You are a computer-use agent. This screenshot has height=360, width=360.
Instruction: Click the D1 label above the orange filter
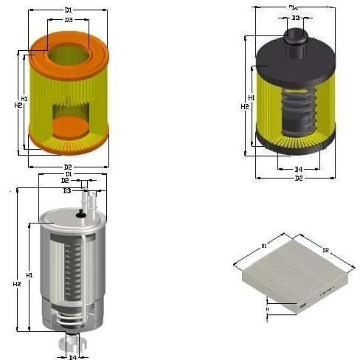(68, 10)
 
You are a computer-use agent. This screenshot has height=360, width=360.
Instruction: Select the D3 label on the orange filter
(68, 20)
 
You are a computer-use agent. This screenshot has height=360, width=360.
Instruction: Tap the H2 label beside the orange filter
(18, 105)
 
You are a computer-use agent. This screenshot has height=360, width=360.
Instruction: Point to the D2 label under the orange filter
(68, 167)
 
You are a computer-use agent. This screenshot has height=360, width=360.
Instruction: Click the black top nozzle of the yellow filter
(296, 37)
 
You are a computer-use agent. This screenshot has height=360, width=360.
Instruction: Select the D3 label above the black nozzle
(296, 17)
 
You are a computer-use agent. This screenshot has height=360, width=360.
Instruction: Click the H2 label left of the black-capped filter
(244, 107)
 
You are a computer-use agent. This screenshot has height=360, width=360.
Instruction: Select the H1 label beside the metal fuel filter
(30, 274)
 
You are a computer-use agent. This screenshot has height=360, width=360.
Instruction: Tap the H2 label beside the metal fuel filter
(16, 284)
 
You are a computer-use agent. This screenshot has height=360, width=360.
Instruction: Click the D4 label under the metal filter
(72, 357)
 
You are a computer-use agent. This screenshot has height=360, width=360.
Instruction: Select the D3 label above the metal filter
(66, 190)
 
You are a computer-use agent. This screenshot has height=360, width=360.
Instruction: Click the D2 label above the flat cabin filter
(325, 251)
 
